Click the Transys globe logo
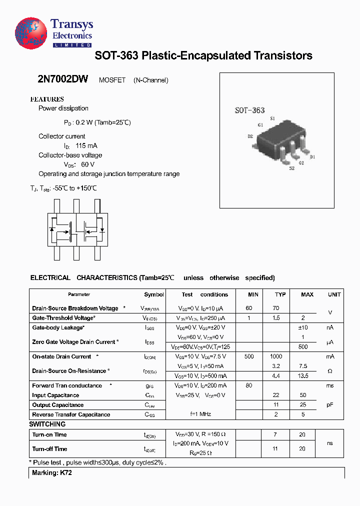[x=31, y=33]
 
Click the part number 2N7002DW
[x=62, y=80]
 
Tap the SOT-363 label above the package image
[x=249, y=110]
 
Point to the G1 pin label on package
[x=260, y=124]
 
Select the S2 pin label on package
[x=291, y=169]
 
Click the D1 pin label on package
[x=312, y=157]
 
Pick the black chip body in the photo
[x=280, y=135]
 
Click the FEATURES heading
[x=47, y=99]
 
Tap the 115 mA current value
[x=86, y=145]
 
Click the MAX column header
[x=307, y=294]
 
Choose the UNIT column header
[x=334, y=294]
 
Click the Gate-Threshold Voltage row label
[x=63, y=318]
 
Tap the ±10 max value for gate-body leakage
[x=303, y=327]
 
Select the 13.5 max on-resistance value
[x=303, y=375]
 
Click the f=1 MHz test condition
[x=201, y=414]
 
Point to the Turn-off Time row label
[x=49, y=449]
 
